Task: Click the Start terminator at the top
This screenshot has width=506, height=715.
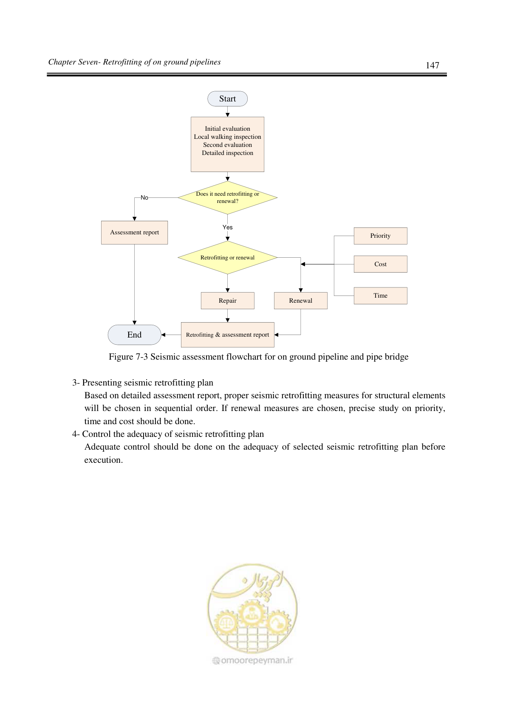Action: (227, 99)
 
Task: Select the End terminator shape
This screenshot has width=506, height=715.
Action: (135, 335)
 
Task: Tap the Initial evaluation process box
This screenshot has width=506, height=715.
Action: (227, 144)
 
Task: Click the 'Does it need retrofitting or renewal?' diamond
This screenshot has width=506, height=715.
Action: (227, 197)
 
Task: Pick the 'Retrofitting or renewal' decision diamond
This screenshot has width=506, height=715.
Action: (227, 257)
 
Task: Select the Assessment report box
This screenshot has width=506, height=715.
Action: (135, 232)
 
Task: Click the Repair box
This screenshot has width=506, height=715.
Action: (227, 301)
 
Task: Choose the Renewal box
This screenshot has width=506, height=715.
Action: (301, 301)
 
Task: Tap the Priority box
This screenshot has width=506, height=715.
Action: (381, 236)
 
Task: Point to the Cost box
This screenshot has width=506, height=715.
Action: (381, 264)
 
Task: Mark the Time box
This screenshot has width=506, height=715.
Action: (381, 296)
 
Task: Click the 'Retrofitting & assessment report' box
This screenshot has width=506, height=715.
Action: (227, 335)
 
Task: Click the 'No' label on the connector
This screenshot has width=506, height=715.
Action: (144, 197)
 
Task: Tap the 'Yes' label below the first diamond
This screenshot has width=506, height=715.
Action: (227, 227)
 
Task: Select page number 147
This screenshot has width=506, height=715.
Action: (433, 65)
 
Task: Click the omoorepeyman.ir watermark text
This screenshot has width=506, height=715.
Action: (253, 660)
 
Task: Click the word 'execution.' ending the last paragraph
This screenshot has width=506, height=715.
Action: (104, 460)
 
